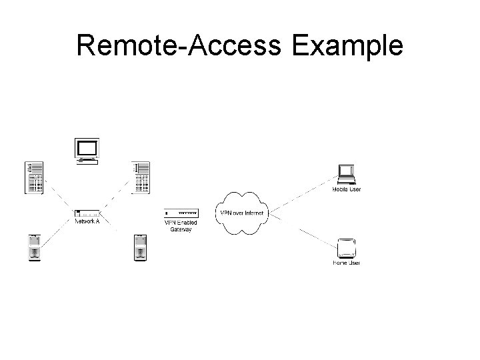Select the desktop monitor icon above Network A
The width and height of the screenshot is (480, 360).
87,151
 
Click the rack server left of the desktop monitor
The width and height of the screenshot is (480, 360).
34,178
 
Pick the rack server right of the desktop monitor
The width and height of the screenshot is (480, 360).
141,178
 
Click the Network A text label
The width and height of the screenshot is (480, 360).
87,221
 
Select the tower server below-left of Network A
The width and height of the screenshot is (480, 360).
34,247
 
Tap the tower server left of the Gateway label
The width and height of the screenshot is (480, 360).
140,247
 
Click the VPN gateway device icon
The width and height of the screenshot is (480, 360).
180,213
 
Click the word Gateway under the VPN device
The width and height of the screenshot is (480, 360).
180,229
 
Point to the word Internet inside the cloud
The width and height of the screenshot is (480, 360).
254,213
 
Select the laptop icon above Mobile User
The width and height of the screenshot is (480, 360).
347,173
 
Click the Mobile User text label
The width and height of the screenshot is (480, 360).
347,190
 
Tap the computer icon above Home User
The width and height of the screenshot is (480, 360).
347,248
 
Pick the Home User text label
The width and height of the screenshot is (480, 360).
347,263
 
